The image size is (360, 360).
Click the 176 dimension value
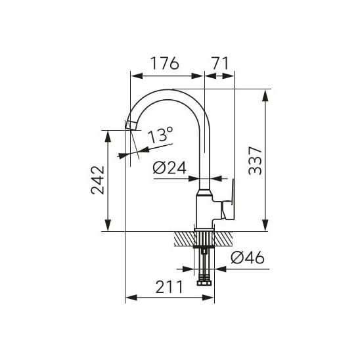[164, 63]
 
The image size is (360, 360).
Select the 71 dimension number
[220, 63]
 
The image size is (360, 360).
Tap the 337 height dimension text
[256, 160]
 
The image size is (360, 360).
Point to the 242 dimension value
[98, 180]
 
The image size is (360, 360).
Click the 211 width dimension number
[169, 287]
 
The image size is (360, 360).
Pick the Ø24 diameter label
[169, 168]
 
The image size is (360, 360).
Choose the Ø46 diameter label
[248, 258]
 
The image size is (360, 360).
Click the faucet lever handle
[229, 200]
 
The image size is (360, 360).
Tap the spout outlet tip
[131, 125]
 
